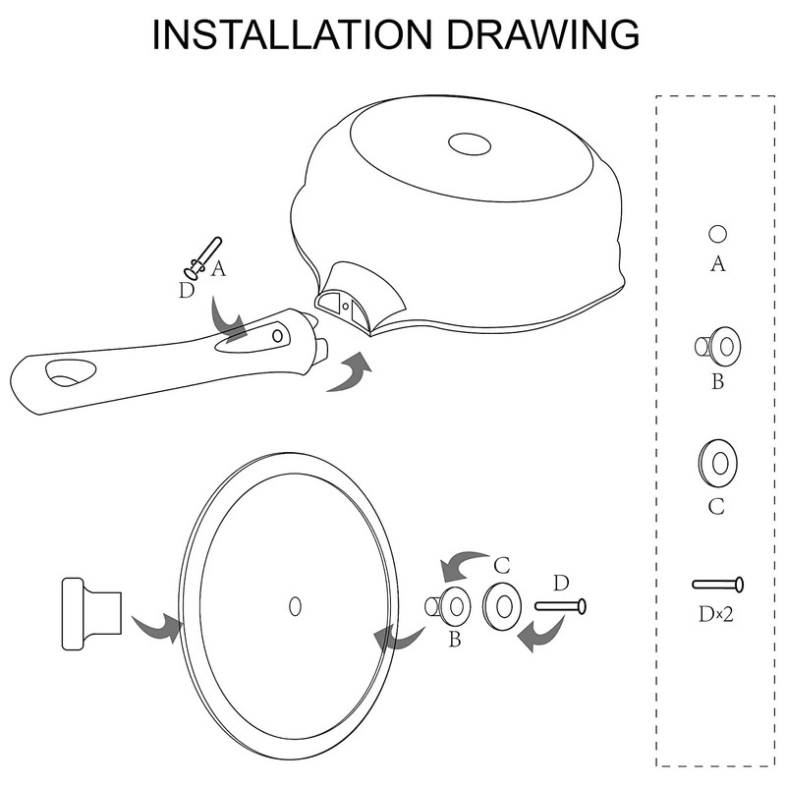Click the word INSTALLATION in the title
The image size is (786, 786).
tap(292, 34)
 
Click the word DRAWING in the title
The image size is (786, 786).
tap(543, 34)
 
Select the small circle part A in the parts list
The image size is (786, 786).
tap(717, 234)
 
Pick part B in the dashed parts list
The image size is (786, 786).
tap(718, 346)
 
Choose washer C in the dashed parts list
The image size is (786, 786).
tap(717, 463)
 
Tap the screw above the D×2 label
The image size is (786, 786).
tap(718, 585)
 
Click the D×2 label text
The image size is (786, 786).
tap(716, 614)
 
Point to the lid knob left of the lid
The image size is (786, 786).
tap(91, 613)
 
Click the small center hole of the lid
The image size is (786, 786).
tap(296, 606)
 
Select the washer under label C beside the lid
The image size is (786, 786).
tap(502, 607)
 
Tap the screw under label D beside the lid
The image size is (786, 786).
tap(560, 606)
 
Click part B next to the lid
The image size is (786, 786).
tap(448, 606)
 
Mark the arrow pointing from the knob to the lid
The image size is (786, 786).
tap(157, 628)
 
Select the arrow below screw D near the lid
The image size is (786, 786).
tap(541, 634)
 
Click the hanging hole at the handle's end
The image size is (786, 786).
tap(70, 373)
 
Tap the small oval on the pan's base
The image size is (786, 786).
tap(470, 144)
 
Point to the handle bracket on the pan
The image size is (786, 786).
tap(359, 299)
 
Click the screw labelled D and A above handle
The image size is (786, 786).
tap(203, 258)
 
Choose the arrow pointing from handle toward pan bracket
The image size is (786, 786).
tap(350, 373)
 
